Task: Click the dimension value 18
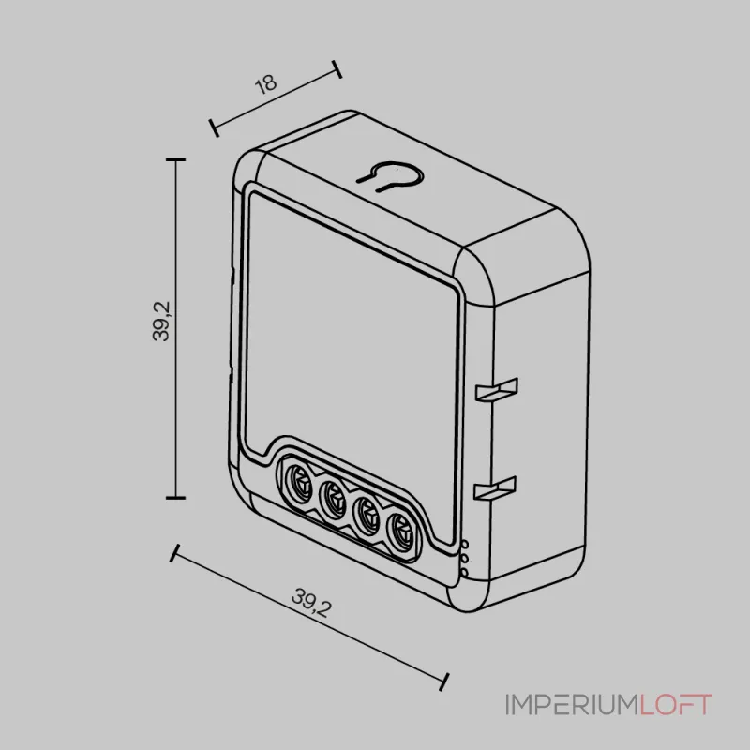[x=267, y=83]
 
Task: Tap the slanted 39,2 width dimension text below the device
[x=310, y=602]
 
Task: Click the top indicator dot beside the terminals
[x=465, y=545]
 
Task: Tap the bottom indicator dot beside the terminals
[x=465, y=572]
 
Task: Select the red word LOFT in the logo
[x=676, y=704]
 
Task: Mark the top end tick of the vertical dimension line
[x=175, y=160]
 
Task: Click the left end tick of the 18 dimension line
[x=214, y=127]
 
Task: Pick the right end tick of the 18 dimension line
[x=337, y=70]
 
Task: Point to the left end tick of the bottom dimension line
[x=173, y=553]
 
